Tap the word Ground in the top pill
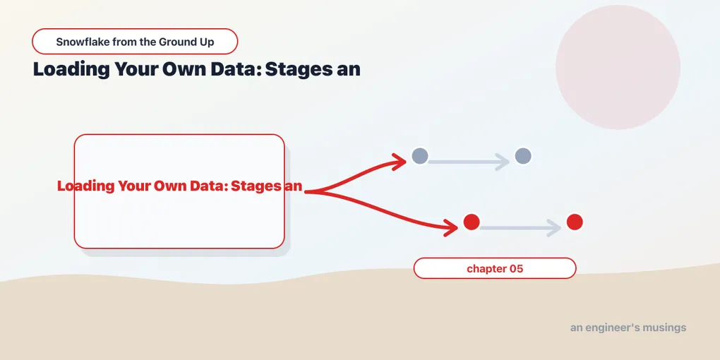coord(174,42)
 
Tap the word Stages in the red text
coord(257,186)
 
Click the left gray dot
coord(420,156)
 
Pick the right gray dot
coord(523,156)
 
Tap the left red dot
coord(471,222)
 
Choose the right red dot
coord(575,222)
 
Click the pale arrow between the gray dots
coord(469,162)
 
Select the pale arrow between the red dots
coord(520,228)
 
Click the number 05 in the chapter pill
coord(517,269)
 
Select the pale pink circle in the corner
coord(618,67)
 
